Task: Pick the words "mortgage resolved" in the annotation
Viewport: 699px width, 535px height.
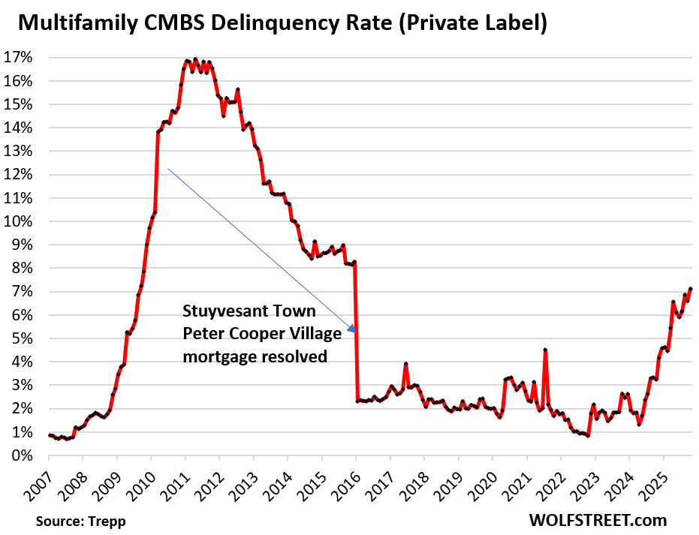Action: pos(255,357)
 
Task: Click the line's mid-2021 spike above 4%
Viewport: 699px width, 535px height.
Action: pos(545,350)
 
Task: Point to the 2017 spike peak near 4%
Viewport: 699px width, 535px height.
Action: pos(406,364)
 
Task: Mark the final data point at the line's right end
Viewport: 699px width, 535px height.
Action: pos(691,289)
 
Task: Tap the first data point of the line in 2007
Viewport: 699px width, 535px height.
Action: pos(50,435)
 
